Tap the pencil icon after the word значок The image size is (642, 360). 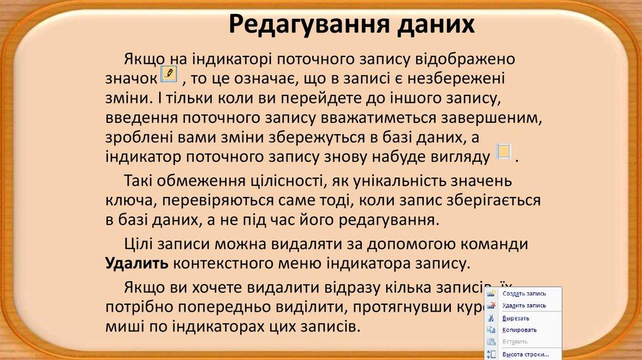169,75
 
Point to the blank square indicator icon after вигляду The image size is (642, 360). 503,152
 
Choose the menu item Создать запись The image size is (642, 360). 524,293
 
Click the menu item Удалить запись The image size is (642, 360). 524,305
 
